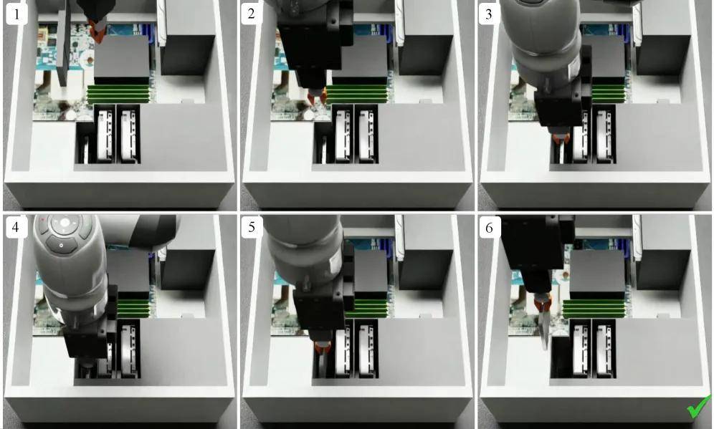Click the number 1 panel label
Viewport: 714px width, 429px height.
click(x=16, y=14)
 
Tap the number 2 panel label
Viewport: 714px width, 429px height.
click(x=251, y=14)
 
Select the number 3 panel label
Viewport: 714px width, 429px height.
click(x=489, y=14)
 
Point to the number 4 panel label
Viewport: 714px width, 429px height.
click(x=16, y=226)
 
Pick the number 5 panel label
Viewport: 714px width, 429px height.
click(x=252, y=226)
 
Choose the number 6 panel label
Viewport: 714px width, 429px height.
click(x=490, y=226)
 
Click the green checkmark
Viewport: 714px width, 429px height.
click(x=698, y=407)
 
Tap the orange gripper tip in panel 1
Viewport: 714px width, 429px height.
click(x=97, y=31)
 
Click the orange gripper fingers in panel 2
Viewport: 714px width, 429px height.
click(x=317, y=97)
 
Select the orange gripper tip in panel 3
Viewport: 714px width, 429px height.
click(x=560, y=138)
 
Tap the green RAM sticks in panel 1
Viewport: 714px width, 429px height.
click(x=118, y=94)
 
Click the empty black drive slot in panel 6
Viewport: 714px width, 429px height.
click(x=560, y=357)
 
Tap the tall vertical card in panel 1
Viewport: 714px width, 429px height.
click(x=64, y=48)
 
